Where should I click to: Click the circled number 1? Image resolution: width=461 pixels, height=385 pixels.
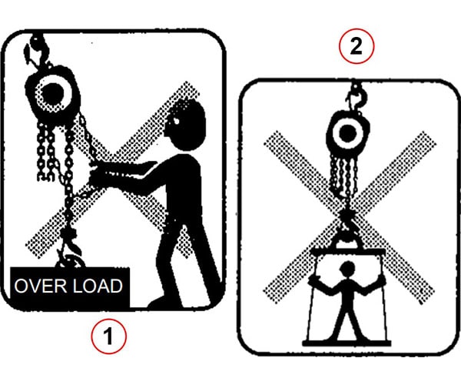[x=108, y=336]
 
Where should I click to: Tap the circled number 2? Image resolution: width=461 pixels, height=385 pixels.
[x=356, y=47]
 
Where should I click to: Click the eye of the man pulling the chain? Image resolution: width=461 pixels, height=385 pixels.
[x=174, y=122]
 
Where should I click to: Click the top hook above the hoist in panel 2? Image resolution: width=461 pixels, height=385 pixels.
[x=355, y=97]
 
